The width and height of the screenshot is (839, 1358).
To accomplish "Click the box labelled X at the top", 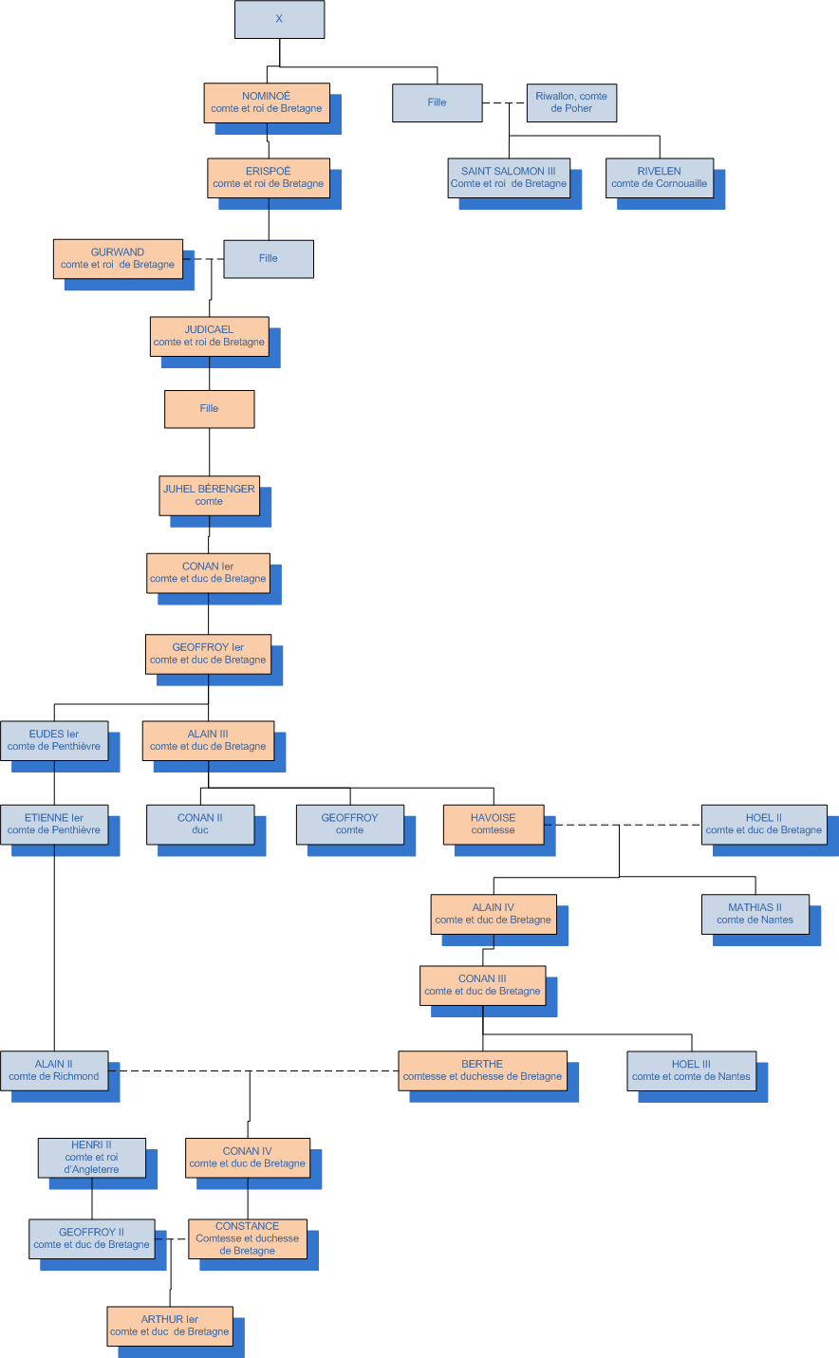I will (x=279, y=19).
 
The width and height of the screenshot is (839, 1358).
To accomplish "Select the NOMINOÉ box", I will (x=267, y=102).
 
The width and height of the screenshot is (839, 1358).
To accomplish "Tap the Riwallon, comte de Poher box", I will (x=571, y=102).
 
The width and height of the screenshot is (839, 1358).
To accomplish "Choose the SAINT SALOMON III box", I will (x=509, y=177).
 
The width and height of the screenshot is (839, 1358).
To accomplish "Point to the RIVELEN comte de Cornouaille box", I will (x=659, y=177).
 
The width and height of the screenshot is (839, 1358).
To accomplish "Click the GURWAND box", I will (x=118, y=258).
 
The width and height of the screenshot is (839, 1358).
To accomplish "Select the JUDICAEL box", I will (x=209, y=336).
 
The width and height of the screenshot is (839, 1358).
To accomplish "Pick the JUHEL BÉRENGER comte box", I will (x=209, y=495).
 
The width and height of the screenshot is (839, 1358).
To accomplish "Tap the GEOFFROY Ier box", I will (x=208, y=654).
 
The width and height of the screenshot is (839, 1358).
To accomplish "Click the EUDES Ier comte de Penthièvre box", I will (x=54, y=740).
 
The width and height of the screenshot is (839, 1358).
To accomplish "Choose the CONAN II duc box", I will (x=200, y=824).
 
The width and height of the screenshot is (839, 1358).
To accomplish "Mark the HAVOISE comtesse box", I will (x=494, y=824).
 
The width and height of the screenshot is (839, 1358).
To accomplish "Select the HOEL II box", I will (x=764, y=824).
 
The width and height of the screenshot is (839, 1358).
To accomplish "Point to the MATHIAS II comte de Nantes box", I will (x=755, y=914).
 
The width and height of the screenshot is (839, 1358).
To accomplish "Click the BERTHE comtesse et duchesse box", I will (x=482, y=1070).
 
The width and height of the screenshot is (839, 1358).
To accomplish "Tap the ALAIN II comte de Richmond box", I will (x=54, y=1070).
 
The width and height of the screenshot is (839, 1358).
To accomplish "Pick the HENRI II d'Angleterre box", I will (x=92, y=1157).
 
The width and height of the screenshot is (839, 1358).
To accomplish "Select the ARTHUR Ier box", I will (x=170, y=1326).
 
